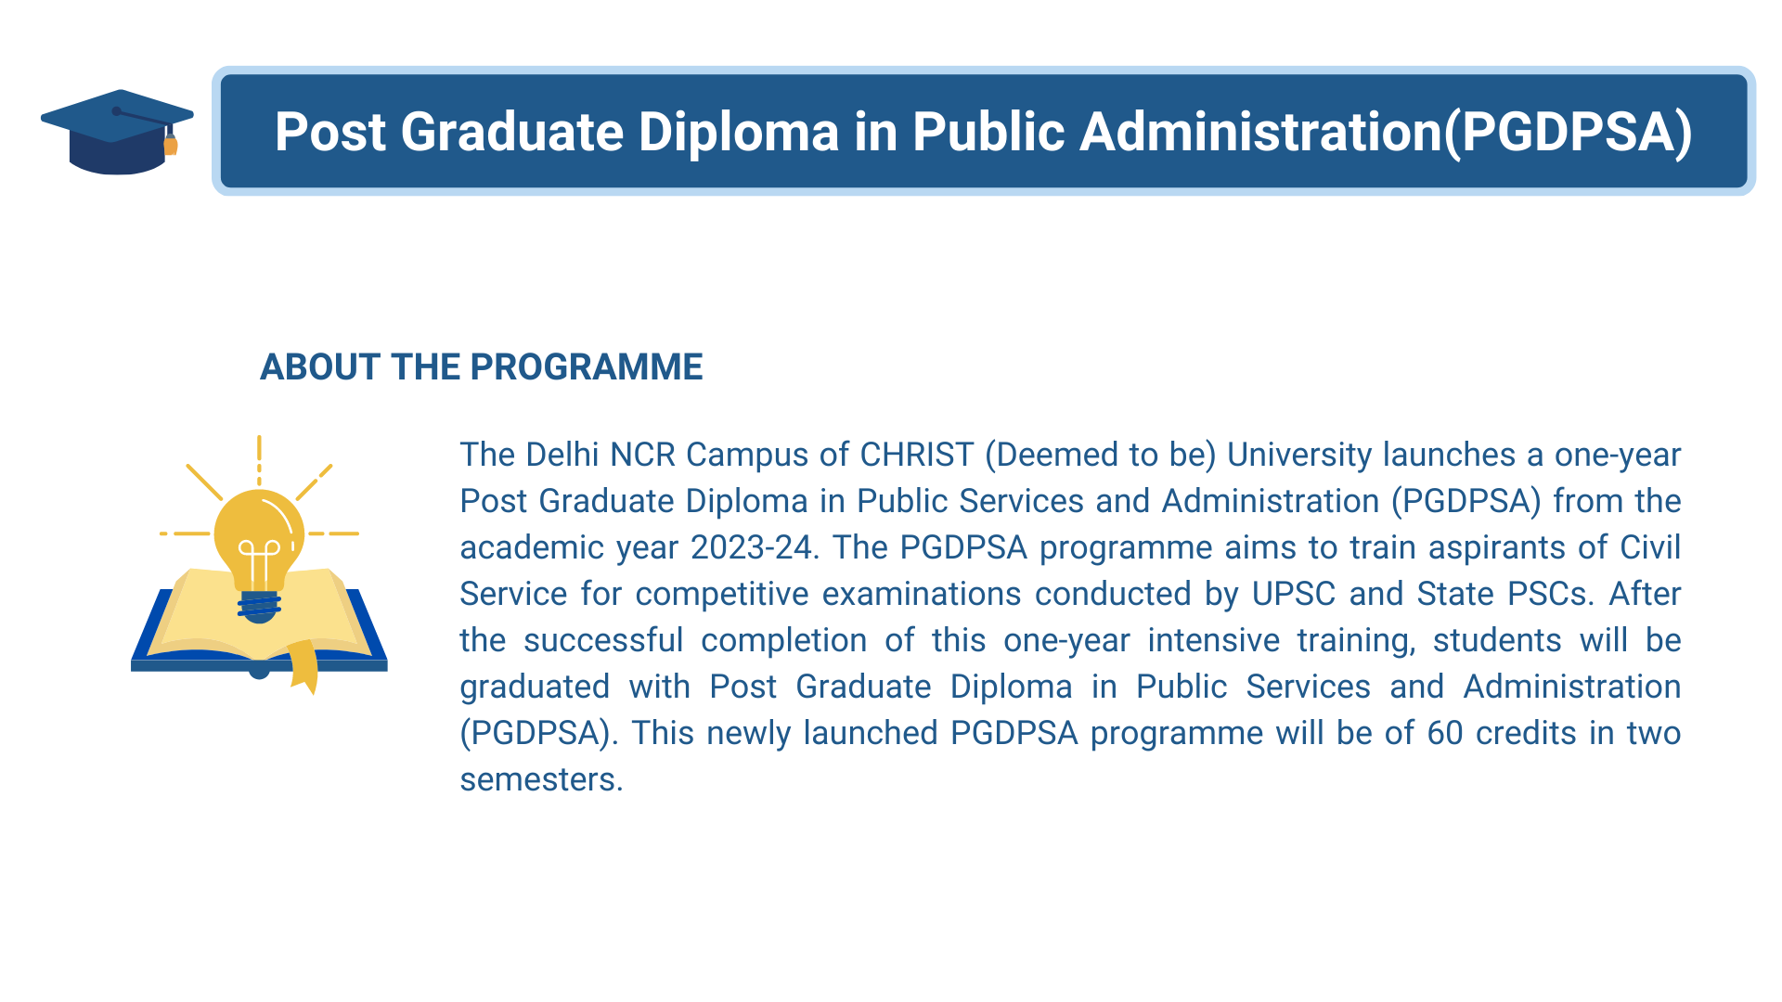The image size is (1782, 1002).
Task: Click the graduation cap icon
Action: click(117, 132)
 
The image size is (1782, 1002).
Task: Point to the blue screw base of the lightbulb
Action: click(259, 607)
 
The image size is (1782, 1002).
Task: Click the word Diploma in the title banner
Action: click(739, 132)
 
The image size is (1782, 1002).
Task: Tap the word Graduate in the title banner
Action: click(511, 132)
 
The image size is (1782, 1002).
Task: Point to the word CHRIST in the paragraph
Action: click(917, 455)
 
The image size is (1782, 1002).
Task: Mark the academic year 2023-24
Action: click(751, 547)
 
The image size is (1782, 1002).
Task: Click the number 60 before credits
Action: click(1445, 733)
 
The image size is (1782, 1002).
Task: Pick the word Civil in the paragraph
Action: click(1650, 547)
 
